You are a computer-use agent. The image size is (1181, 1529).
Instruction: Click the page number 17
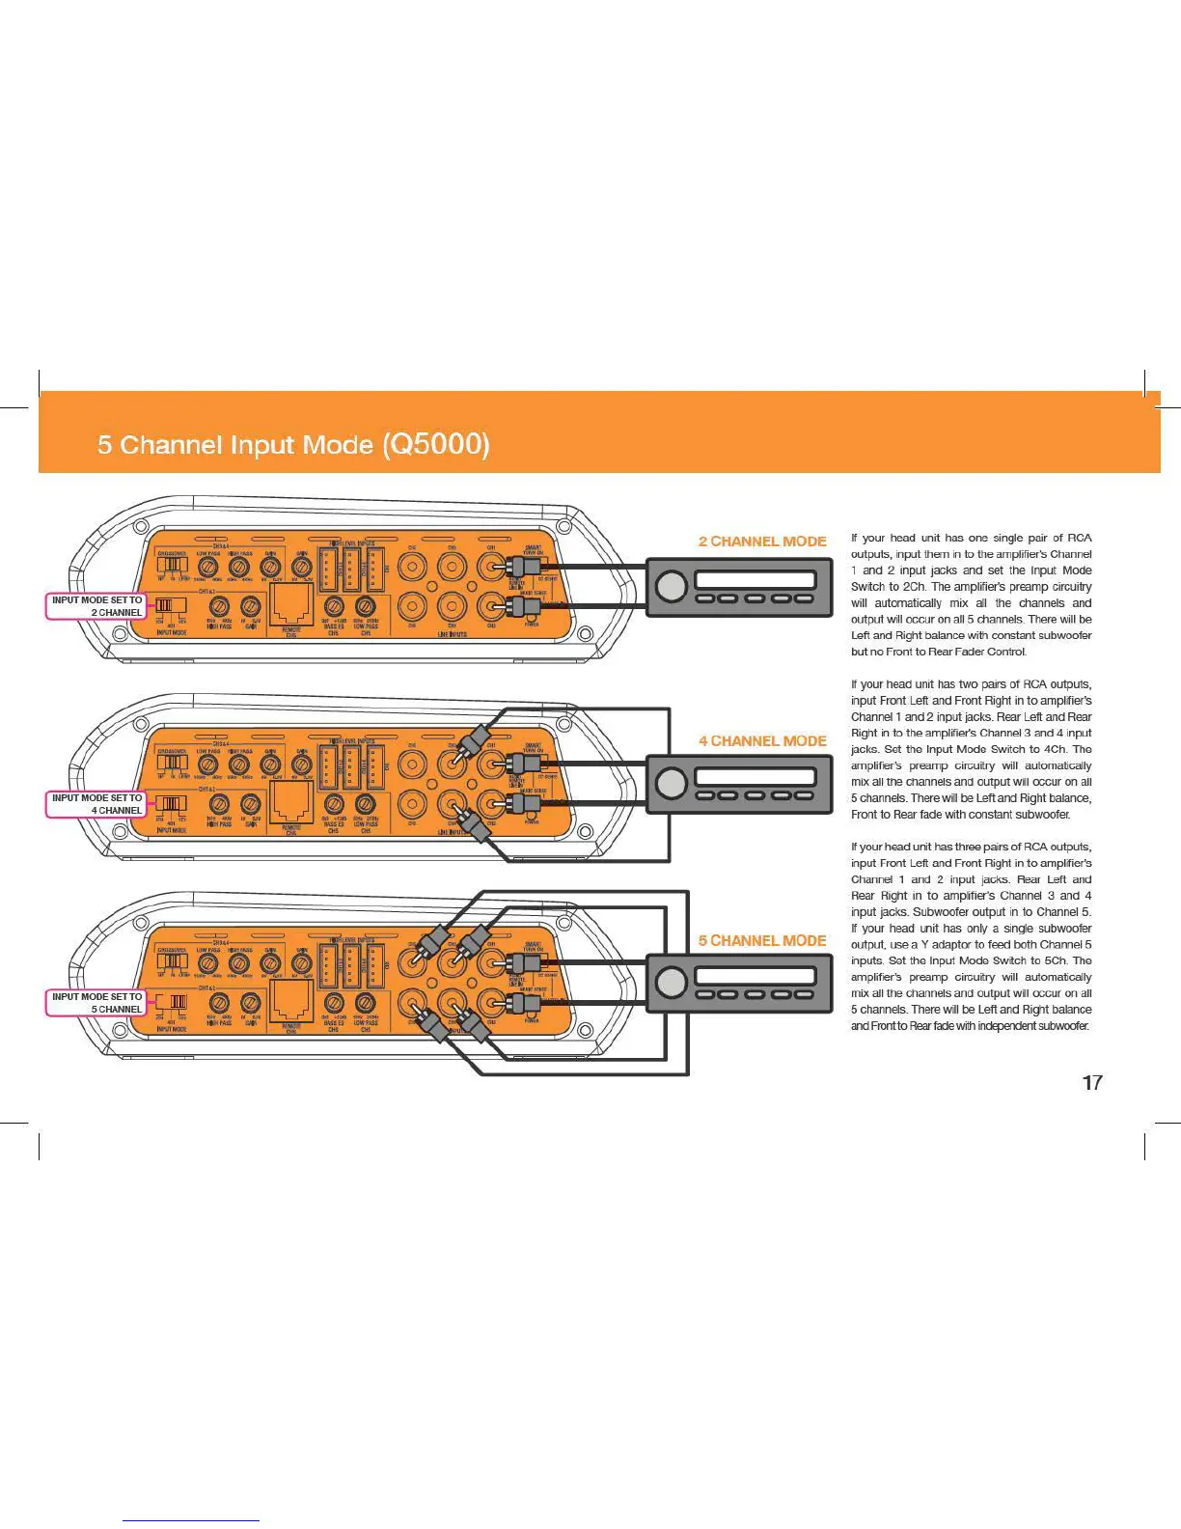click(x=1091, y=1083)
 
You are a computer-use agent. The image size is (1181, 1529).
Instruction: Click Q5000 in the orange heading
click(x=436, y=444)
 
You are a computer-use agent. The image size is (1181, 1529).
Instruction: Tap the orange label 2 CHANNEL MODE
click(x=762, y=542)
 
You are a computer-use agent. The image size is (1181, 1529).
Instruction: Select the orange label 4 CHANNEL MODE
click(x=762, y=741)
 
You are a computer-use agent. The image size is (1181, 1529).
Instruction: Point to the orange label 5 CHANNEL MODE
click(x=762, y=940)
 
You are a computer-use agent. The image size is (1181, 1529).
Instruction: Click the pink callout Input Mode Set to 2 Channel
click(x=96, y=606)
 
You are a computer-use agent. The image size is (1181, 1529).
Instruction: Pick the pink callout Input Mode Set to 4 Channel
click(x=96, y=804)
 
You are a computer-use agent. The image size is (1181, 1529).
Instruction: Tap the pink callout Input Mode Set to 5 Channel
click(x=96, y=1003)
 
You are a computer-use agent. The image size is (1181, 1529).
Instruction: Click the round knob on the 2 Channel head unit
click(x=671, y=586)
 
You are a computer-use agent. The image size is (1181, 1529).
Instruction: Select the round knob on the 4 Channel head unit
click(x=671, y=784)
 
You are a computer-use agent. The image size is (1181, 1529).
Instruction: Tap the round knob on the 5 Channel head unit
click(x=671, y=983)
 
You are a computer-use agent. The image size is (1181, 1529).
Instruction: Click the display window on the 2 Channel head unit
click(x=755, y=579)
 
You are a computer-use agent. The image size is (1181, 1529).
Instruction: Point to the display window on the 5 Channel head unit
click(x=755, y=976)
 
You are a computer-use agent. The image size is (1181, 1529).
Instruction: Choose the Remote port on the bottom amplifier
click(x=290, y=1003)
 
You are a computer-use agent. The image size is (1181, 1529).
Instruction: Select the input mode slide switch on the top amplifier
click(x=172, y=606)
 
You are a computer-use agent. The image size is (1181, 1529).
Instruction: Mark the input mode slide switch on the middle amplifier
click(x=172, y=804)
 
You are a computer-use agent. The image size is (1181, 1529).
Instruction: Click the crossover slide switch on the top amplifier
click(x=173, y=564)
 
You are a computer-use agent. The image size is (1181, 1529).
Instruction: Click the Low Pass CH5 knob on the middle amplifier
click(x=365, y=804)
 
